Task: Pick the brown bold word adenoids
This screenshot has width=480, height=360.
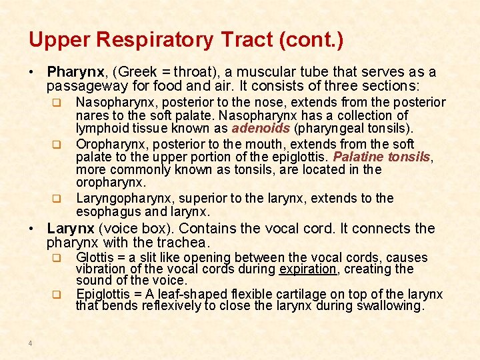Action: [x=261, y=129]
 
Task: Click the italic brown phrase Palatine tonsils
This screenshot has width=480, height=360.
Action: [x=381, y=157]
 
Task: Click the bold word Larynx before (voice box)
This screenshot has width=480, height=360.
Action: [x=70, y=229]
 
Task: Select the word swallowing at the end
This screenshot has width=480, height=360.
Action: [x=392, y=307]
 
